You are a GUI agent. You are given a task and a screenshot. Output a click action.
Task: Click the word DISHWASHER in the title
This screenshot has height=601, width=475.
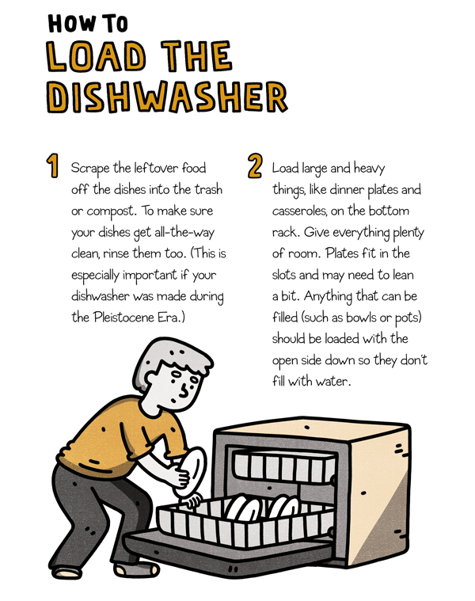[167, 97]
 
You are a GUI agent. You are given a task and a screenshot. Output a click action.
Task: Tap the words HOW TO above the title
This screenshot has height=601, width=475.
[88, 24]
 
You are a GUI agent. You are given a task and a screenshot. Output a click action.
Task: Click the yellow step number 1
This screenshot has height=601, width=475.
[53, 165]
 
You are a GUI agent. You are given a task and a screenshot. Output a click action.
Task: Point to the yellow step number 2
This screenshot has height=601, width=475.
[255, 165]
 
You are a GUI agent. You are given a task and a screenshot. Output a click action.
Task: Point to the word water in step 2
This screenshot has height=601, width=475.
[333, 382]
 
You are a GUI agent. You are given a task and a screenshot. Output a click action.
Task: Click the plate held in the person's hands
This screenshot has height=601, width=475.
[191, 472]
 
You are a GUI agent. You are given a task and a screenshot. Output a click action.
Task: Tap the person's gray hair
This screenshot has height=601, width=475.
[170, 359]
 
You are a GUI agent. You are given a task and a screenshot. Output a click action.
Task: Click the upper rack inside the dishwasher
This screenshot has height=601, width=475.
[284, 467]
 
